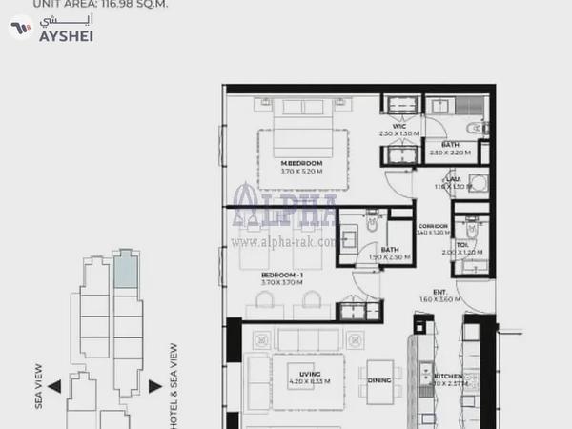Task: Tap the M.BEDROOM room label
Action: (301, 163)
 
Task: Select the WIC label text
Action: (399, 126)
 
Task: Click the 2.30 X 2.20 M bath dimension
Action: (450, 153)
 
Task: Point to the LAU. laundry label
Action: (454, 178)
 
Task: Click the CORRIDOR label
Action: (433, 225)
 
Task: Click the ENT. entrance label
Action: (440, 291)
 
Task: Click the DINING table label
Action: (378, 380)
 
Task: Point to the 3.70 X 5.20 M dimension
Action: (301, 172)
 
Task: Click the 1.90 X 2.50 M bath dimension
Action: (376, 257)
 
